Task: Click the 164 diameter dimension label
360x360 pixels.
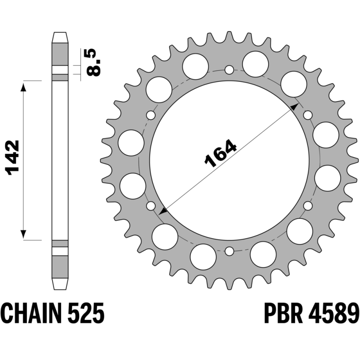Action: coord(220,153)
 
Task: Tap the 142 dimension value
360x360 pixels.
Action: coord(12,157)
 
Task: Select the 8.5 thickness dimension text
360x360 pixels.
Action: coord(93,62)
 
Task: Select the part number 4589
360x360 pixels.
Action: coord(333,313)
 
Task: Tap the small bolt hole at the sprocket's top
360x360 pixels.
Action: coord(229,70)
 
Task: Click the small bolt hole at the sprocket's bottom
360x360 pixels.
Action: coord(229,252)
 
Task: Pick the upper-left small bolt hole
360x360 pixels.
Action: coord(151,115)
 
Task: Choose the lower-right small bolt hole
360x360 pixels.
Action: coord(308,206)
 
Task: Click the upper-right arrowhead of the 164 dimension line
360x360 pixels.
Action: coord(295,106)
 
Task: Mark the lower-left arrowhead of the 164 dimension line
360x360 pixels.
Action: coord(163,211)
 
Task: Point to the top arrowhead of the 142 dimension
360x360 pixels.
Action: coord(23,87)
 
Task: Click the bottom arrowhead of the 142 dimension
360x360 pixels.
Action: coord(23,234)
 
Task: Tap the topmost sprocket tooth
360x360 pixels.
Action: coord(229,35)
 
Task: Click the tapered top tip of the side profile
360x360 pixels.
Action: coord(60,37)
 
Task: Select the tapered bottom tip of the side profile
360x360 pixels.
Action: coord(60,284)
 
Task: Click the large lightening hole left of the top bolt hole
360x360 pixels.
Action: coord(196,67)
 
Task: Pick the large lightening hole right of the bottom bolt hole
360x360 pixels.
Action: coord(263,255)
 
